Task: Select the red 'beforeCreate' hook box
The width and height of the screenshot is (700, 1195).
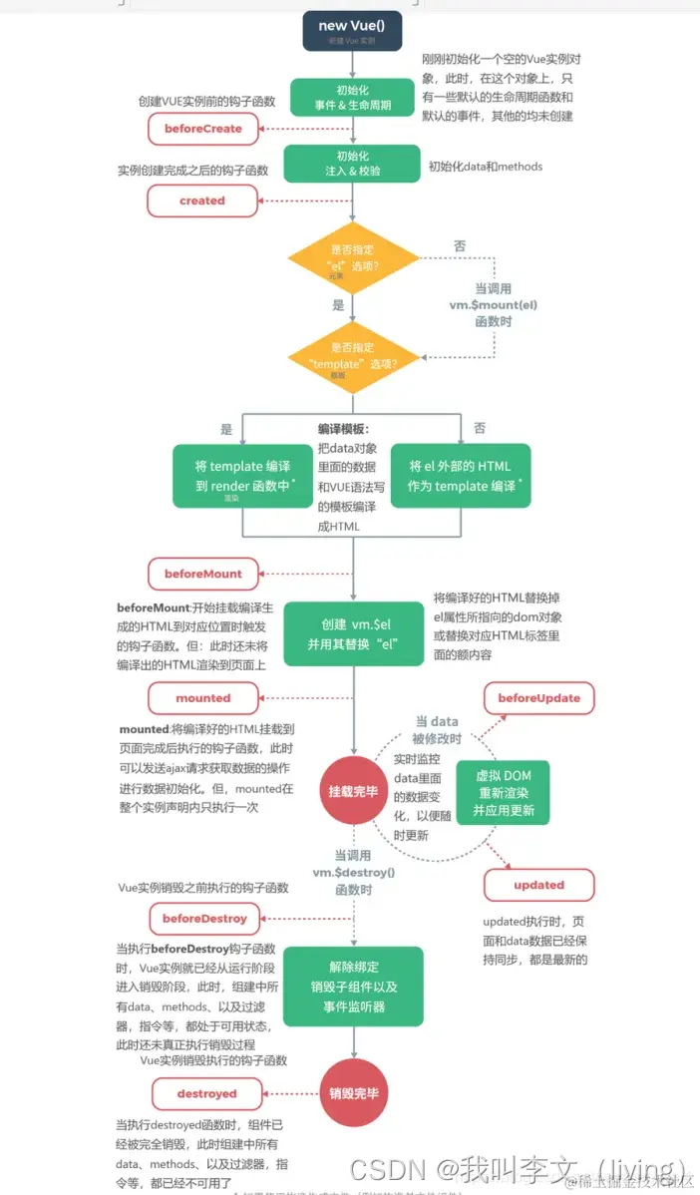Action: [x=202, y=129]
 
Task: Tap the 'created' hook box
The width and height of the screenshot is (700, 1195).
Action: [x=202, y=200]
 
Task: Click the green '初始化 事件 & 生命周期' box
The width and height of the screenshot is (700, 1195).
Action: [x=352, y=98]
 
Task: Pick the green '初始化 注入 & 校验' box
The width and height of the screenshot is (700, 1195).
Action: [x=352, y=164]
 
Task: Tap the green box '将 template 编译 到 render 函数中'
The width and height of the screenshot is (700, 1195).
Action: [x=243, y=476]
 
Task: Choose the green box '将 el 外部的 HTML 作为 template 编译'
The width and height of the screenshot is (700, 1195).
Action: [x=460, y=476]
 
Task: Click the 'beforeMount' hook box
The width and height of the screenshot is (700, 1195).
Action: [x=202, y=574]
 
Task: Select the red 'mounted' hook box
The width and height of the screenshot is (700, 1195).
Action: [x=202, y=698]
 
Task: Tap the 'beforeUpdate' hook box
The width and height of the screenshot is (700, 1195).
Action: [x=539, y=698]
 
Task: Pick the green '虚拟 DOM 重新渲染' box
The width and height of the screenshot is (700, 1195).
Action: [x=504, y=793]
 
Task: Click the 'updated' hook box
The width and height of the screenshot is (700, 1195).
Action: [x=539, y=885]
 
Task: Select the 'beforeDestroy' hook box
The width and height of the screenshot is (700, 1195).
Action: [x=204, y=918]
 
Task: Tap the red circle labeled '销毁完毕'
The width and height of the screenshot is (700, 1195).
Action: [x=354, y=1092]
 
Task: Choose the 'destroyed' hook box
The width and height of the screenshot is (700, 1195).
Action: [x=206, y=1093]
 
